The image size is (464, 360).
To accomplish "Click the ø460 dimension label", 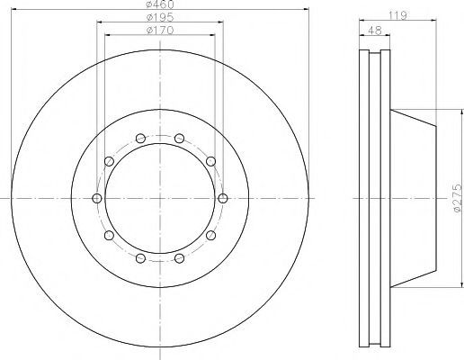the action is [x=160, y=4].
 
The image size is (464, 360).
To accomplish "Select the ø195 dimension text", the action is [x=160, y=17].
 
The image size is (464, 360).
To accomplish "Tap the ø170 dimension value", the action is [x=160, y=31].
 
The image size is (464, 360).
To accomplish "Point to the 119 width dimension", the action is [x=397, y=15].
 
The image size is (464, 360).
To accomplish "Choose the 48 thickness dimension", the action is [x=374, y=31].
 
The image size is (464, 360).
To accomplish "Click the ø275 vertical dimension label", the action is [x=457, y=198].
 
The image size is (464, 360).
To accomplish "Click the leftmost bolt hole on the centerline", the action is [x=97, y=198].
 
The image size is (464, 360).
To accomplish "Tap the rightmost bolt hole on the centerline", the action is [x=223, y=198].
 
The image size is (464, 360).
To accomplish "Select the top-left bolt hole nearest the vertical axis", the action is [x=140, y=139].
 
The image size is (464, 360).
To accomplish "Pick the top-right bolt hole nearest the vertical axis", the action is [x=179, y=139].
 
